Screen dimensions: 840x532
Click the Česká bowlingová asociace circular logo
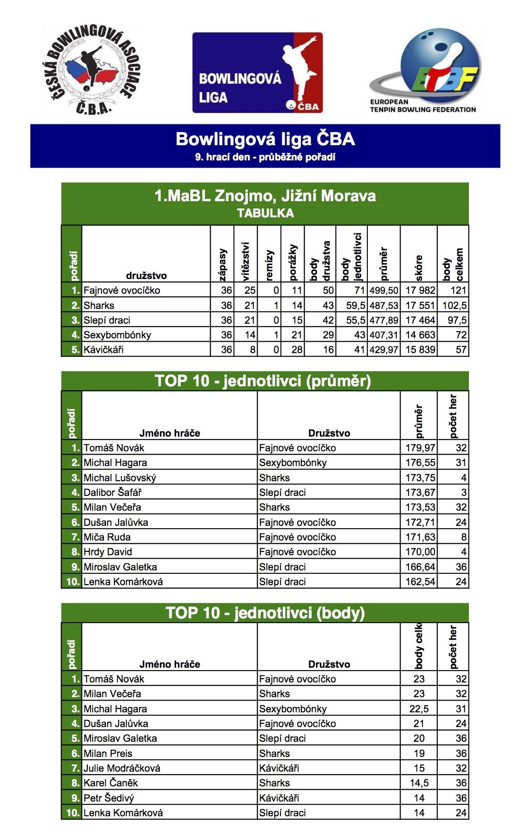(x=91, y=69)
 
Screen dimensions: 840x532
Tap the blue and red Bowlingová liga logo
(x=258, y=73)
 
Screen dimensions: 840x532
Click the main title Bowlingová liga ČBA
(x=265, y=139)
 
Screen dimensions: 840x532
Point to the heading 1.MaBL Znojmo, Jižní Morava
(x=265, y=196)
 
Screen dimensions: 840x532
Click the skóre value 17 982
(x=420, y=290)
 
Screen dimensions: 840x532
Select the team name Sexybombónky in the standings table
(x=117, y=335)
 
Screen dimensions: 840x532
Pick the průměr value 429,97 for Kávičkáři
(x=383, y=350)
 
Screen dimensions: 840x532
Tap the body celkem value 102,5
(x=454, y=306)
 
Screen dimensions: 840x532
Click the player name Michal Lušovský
(x=120, y=478)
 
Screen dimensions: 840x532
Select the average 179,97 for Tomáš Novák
(x=420, y=448)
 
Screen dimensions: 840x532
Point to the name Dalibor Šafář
(x=112, y=493)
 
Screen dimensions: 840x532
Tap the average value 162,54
(x=420, y=582)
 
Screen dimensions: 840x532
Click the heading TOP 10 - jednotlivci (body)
(x=265, y=613)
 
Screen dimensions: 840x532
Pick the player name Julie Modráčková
(x=122, y=768)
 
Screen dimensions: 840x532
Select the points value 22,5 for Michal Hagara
(x=419, y=709)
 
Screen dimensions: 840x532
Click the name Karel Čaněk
(x=111, y=783)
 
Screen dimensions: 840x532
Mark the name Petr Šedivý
(x=109, y=798)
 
